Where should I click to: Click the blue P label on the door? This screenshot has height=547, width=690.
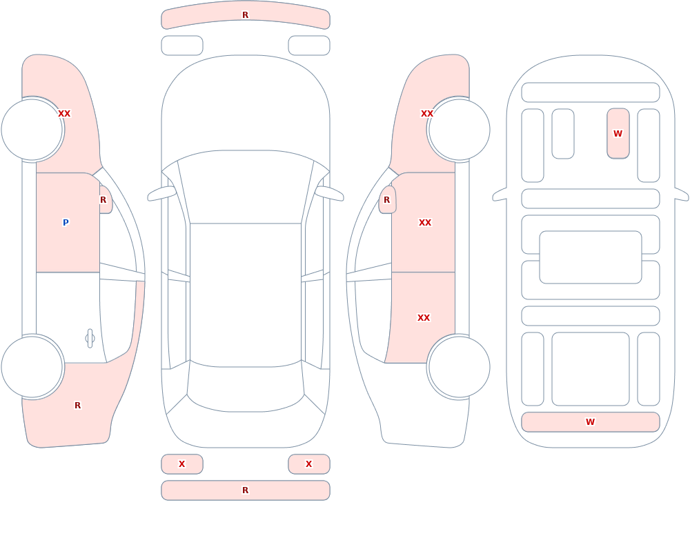(x=66, y=222)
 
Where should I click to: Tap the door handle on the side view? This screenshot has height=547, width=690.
(x=90, y=339)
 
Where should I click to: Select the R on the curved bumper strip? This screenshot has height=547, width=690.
(x=245, y=15)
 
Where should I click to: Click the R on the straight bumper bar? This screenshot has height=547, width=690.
(x=245, y=490)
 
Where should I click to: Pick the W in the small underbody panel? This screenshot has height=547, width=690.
(x=618, y=133)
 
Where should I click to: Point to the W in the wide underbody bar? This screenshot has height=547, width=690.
(x=590, y=421)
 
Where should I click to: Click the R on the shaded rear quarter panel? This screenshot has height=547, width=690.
(x=77, y=406)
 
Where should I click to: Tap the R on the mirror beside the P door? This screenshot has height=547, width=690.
(x=103, y=200)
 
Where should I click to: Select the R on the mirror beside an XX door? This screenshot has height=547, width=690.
(x=386, y=200)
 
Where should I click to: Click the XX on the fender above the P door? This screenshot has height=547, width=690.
(x=64, y=114)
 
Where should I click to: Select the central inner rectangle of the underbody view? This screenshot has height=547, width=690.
(x=591, y=257)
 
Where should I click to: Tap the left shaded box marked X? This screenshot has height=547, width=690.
(x=182, y=464)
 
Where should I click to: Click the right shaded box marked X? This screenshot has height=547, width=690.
(x=309, y=464)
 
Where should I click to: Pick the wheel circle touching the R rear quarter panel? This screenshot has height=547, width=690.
(x=32, y=366)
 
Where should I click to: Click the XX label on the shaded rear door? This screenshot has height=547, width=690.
(x=424, y=318)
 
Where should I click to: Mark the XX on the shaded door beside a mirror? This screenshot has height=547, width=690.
(x=424, y=223)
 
